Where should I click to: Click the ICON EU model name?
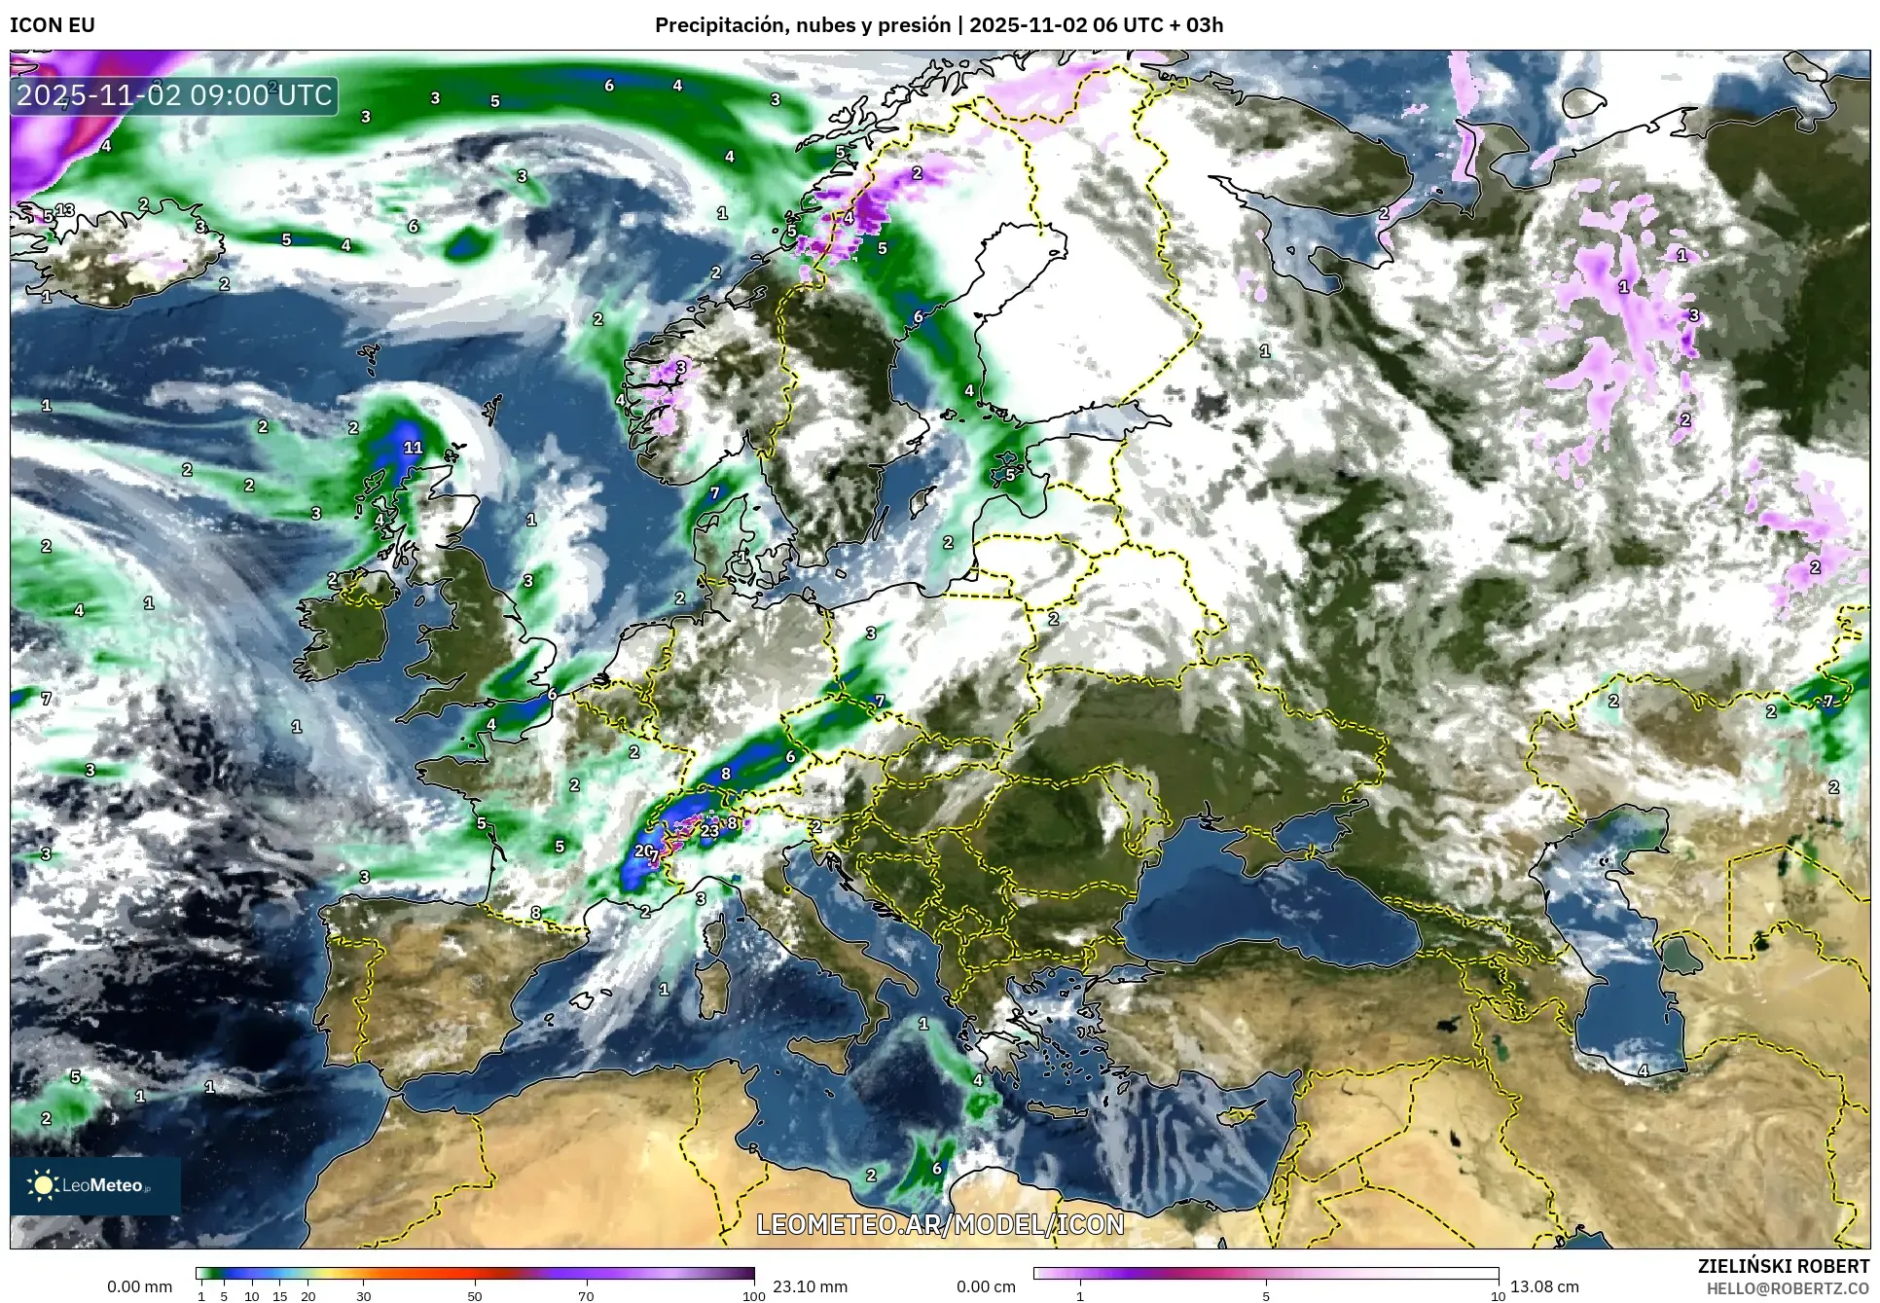pyautogui.click(x=53, y=25)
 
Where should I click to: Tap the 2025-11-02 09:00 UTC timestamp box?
pyautogui.click(x=174, y=95)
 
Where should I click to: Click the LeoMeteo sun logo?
pyautogui.click(x=43, y=1184)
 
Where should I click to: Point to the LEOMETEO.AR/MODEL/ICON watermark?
pyautogui.click(x=940, y=1224)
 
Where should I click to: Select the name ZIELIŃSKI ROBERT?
pyautogui.click(x=1783, y=1266)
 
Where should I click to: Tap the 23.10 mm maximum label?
pyautogui.click(x=810, y=1286)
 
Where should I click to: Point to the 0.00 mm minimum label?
pyautogui.click(x=139, y=1286)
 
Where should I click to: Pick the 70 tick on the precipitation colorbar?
pyautogui.click(x=586, y=1296)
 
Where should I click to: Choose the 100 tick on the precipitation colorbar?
pyautogui.click(x=753, y=1296)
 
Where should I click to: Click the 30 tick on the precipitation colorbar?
pyautogui.click(x=363, y=1296)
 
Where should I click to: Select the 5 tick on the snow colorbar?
pyautogui.click(x=1265, y=1296)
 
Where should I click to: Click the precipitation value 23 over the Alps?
pyautogui.click(x=710, y=830)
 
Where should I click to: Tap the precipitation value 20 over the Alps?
pyautogui.click(x=644, y=851)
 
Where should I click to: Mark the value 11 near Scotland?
pyautogui.click(x=413, y=448)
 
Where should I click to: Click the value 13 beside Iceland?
pyautogui.click(x=65, y=210)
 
